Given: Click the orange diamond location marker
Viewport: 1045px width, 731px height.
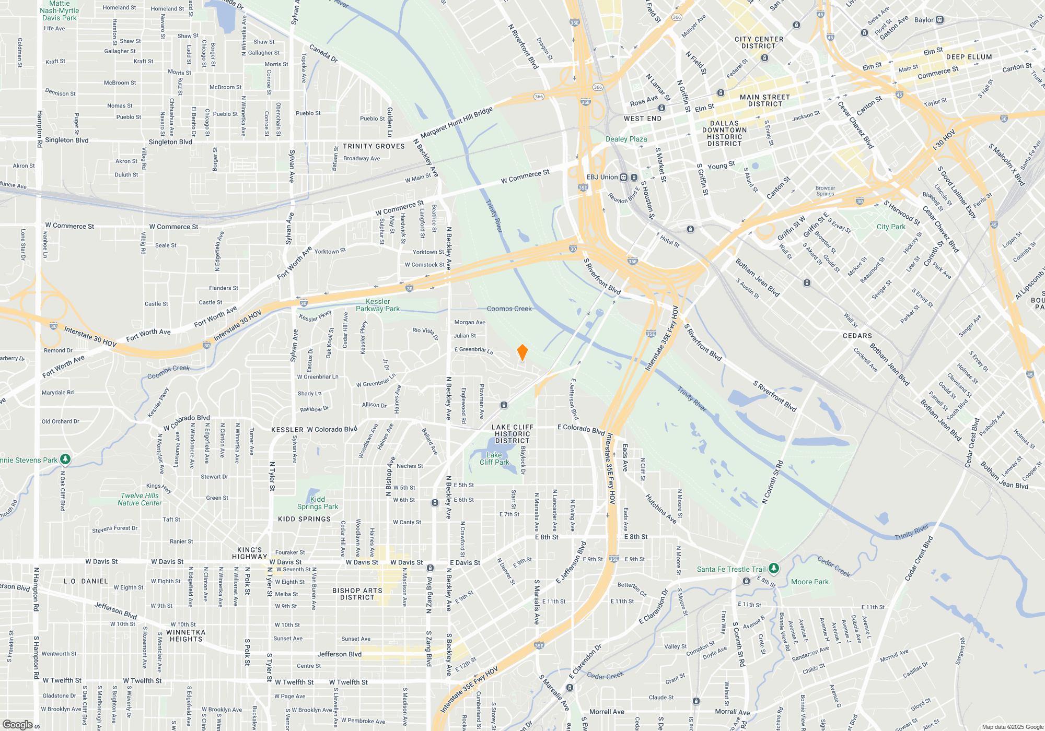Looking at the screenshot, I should click(522, 352).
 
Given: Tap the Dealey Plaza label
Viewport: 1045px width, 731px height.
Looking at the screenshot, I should click(626, 139).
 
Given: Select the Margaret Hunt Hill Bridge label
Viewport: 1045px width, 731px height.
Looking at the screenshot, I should click(456, 123).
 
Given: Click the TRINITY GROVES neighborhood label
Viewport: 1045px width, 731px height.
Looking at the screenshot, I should click(374, 146).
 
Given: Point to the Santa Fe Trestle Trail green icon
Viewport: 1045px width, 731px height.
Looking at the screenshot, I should click(774, 568).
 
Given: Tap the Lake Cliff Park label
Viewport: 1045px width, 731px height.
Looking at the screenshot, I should click(494, 458).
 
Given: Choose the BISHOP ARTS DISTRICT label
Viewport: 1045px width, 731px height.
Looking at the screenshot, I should click(357, 594).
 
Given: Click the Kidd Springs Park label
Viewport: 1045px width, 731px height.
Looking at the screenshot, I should click(318, 503).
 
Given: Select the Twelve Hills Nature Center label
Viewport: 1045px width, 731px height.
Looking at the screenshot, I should click(140, 499).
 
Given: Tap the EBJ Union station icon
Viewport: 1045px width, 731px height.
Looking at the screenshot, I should click(623, 177).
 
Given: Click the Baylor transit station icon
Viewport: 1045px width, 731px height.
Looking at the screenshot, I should click(939, 20).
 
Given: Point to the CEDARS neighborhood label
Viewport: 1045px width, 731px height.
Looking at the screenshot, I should click(857, 336).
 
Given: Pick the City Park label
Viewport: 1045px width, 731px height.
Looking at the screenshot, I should click(891, 227).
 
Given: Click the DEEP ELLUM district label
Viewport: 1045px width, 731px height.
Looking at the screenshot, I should click(969, 57).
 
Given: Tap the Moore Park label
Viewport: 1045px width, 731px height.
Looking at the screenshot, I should click(809, 582).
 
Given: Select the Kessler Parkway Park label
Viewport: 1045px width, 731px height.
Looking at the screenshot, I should click(378, 305).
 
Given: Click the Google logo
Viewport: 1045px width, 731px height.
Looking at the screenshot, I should click(17, 725).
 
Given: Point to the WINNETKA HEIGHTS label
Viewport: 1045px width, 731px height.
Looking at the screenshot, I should click(185, 635).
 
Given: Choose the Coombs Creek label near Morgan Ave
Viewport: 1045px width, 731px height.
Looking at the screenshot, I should click(509, 309).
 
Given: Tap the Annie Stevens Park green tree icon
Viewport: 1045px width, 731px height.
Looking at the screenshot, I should click(65, 459).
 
